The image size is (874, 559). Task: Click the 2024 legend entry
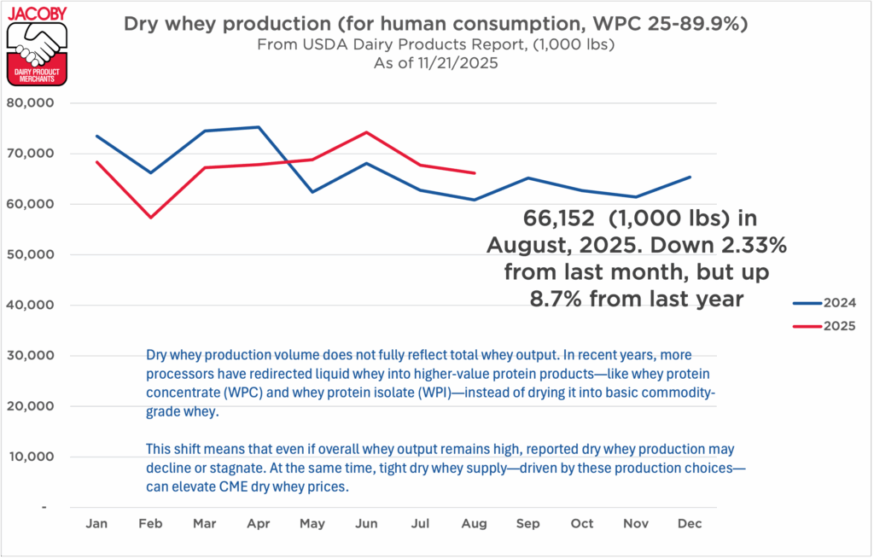pyautogui.click(x=823, y=302)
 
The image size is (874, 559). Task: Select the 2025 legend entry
pyautogui.click(x=823, y=326)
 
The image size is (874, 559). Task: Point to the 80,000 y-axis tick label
pyautogui.click(x=30, y=103)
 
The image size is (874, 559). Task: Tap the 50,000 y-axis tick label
pyautogui.click(x=30, y=255)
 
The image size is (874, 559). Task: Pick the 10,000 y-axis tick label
pyautogui.click(x=30, y=457)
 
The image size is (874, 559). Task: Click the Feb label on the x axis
pyautogui.click(x=151, y=523)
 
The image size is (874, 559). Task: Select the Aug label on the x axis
pyautogui.click(x=475, y=523)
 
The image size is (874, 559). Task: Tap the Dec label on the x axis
pyautogui.click(x=690, y=523)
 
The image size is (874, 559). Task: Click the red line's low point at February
pyautogui.click(x=151, y=218)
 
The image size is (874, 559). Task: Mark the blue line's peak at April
pyautogui.click(x=259, y=127)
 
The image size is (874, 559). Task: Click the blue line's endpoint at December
pyautogui.click(x=690, y=177)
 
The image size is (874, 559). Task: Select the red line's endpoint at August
pyautogui.click(x=475, y=173)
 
